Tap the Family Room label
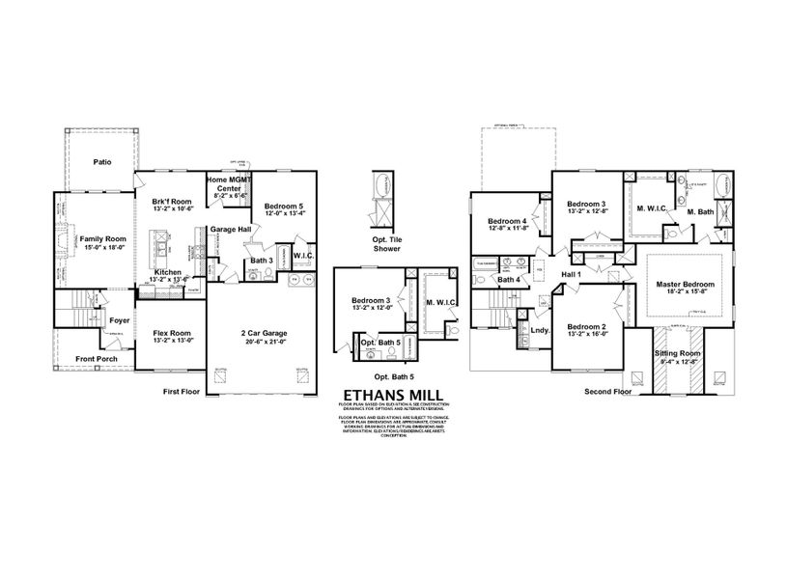102,238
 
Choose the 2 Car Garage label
264,333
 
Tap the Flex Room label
173,333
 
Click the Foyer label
120,320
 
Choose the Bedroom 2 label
587,327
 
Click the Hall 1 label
572,275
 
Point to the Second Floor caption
608,393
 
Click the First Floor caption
185,393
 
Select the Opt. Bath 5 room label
380,343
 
